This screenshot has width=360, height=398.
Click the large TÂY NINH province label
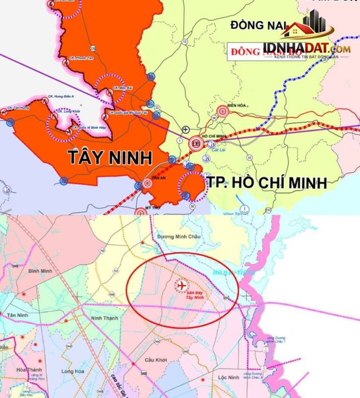click(111, 158)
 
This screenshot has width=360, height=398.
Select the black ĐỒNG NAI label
click(255, 26)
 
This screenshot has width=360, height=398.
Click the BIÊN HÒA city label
click(237, 105)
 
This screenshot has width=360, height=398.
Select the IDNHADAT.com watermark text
click(307, 48)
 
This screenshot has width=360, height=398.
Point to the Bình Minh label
click(39, 271)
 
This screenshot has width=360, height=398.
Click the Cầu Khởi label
click(156, 360)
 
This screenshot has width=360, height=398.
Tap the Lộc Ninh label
click(229, 377)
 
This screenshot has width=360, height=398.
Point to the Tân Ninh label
click(18, 315)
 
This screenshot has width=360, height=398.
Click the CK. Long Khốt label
click(69, 111)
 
